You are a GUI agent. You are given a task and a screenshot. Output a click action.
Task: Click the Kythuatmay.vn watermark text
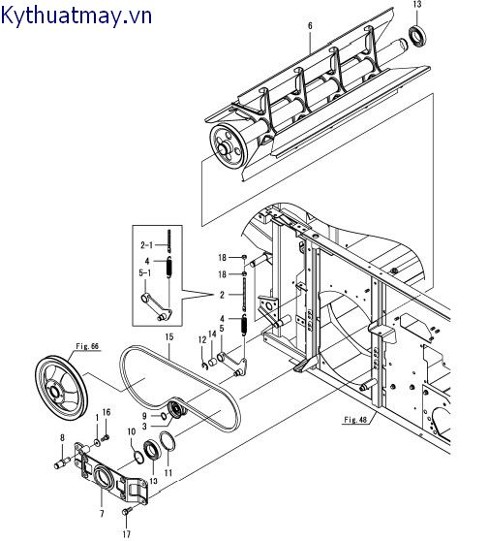(76, 16)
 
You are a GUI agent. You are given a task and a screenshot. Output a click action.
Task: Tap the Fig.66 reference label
(87, 346)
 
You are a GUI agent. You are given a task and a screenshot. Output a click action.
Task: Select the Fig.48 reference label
(355, 420)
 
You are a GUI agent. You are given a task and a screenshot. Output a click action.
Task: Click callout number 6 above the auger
(310, 25)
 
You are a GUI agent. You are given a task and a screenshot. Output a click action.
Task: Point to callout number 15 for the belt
(168, 336)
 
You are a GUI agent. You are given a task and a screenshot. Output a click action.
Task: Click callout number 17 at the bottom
(127, 534)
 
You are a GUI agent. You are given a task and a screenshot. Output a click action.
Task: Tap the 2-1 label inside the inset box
(146, 245)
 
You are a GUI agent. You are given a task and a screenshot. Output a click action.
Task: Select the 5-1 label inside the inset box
(144, 272)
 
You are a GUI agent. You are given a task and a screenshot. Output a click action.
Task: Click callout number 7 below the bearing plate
(102, 514)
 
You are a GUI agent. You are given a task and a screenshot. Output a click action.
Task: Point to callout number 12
(202, 340)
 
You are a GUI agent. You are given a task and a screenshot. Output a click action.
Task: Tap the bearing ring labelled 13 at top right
(417, 36)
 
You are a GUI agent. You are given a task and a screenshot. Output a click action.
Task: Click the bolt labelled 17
(127, 512)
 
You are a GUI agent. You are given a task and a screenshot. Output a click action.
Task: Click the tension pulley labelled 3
(177, 409)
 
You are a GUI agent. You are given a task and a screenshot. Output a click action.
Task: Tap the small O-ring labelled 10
(138, 458)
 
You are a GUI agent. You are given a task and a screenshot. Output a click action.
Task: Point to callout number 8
(62, 438)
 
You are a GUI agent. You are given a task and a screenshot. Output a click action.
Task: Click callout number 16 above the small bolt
(107, 412)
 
